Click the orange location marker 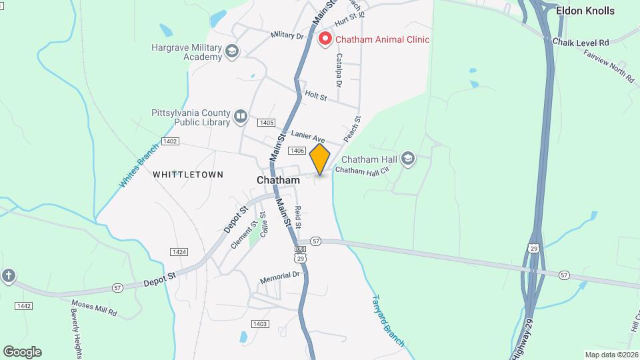coord(320,159)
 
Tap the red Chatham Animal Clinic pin coord(325,39)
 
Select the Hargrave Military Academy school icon coord(232,51)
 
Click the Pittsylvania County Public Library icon coord(241,118)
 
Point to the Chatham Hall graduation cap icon coord(408,159)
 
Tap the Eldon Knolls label coord(585,11)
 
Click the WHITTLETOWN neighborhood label coord(188,174)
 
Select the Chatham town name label coord(278,180)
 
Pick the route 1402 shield coord(170,141)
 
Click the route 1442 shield coord(24,305)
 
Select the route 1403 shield coord(260,324)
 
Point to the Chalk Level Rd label coord(581,42)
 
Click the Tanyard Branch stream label coord(387,321)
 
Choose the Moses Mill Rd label coord(94,309)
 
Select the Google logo coord(22,352)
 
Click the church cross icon coord(8,276)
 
